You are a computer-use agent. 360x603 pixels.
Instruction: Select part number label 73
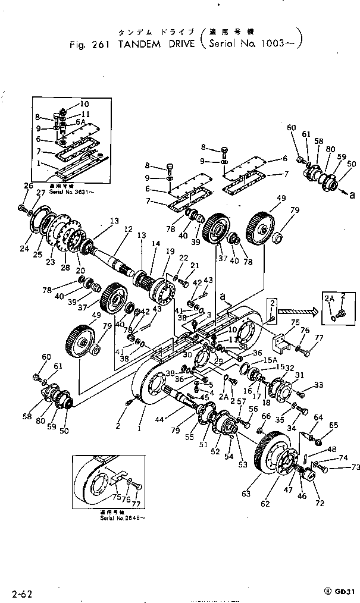point(340,467)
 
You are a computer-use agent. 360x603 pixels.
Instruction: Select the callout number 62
point(265,504)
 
